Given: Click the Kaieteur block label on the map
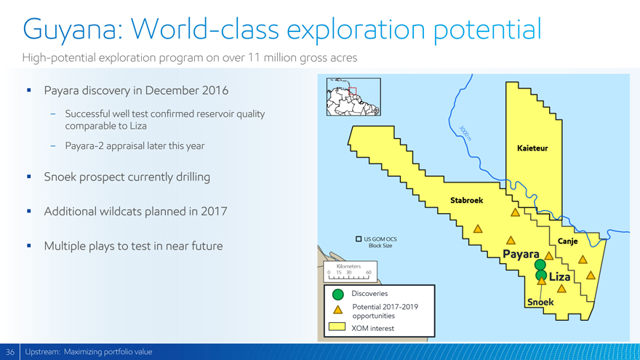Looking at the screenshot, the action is coord(532,148).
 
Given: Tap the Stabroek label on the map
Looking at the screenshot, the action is coord(466,200).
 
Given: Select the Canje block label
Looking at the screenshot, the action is coord(567,241).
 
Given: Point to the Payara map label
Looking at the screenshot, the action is coord(521,254).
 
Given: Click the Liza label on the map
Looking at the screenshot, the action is coord(559,277).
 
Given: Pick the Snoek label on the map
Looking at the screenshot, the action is coord(540,302).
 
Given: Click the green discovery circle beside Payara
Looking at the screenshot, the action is coord(540,265).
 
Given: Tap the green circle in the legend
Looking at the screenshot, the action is coord(338,295).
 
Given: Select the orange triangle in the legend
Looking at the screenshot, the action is coord(338,310).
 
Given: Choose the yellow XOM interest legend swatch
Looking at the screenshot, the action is coord(337,327).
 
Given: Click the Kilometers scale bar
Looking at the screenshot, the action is coord(349,278).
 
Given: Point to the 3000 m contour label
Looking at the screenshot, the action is coord(465,134).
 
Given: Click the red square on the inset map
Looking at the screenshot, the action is coord(353,91).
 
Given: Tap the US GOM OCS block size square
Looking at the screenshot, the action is coord(359,239).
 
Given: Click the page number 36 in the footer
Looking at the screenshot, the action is coord(10,352).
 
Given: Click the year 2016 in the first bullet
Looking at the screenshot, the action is coord(215,90).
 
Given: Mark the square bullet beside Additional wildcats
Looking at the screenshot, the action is coord(29,211).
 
